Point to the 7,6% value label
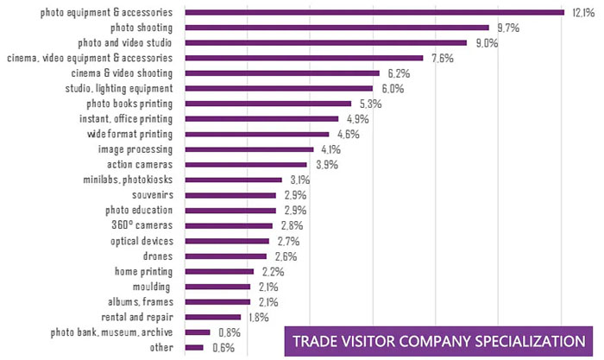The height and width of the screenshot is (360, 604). [442, 58]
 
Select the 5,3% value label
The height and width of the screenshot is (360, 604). [369, 104]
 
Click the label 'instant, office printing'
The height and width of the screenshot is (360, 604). [126, 118]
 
